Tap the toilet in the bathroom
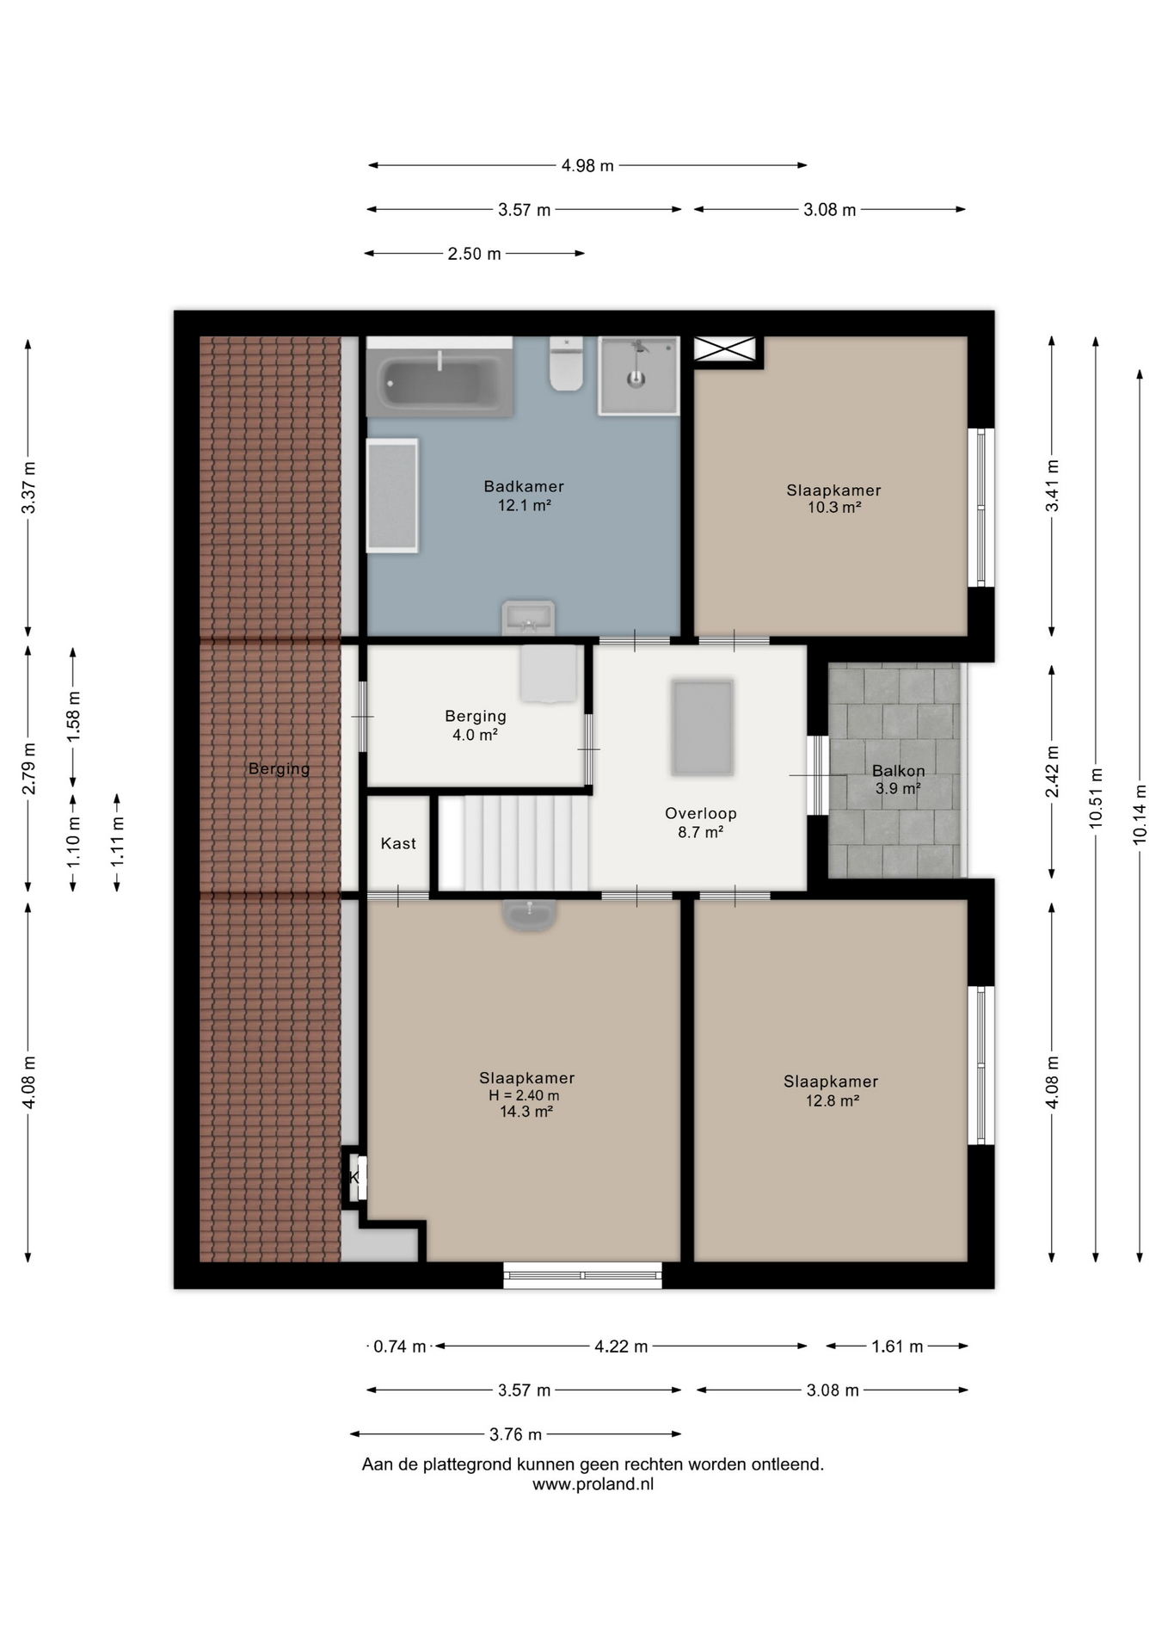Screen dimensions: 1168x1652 coord(566,364)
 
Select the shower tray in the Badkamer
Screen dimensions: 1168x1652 coord(638,375)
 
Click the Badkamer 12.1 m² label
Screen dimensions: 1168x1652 coord(524,496)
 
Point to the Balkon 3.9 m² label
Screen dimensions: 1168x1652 coord(899,779)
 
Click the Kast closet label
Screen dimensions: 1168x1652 coord(398,843)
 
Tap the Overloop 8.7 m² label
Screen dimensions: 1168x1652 coord(701,823)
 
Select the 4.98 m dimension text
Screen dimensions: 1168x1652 coord(587,165)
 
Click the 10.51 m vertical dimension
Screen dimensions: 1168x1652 coord(1096,798)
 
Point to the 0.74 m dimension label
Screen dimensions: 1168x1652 coord(400,1347)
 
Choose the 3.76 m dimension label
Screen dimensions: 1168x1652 coord(516,1434)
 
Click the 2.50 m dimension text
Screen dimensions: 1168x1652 coord(474,254)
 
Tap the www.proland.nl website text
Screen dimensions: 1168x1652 coord(593,1484)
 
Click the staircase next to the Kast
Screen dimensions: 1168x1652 coord(514,843)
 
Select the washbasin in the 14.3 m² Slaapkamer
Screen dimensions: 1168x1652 coord(529,915)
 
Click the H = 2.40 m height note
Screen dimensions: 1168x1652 coord(524,1095)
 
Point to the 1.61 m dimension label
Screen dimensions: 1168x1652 coord(897,1347)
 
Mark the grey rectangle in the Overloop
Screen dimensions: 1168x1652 coord(703,728)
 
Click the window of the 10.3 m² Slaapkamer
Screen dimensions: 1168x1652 coord(981,508)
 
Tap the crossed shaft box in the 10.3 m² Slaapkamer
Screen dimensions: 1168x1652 coord(724,348)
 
